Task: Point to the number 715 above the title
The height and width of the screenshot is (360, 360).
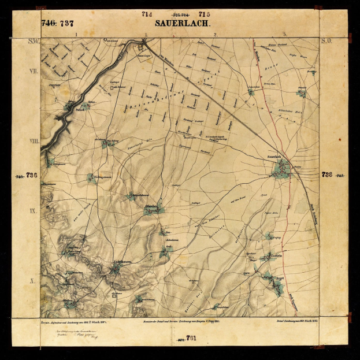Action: coord(204,13)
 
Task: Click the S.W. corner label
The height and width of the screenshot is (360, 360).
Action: coord(34,42)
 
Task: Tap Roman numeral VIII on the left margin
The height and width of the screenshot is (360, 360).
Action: coord(34,140)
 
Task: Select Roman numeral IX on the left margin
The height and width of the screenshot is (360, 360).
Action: coord(34,210)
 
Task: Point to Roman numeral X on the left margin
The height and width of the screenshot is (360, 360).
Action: coord(34,280)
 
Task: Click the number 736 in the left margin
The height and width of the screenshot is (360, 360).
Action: coord(32,175)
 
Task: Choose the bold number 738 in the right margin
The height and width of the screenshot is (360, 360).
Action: coord(327,175)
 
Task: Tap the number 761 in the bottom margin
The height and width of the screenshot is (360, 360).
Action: coord(192,337)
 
